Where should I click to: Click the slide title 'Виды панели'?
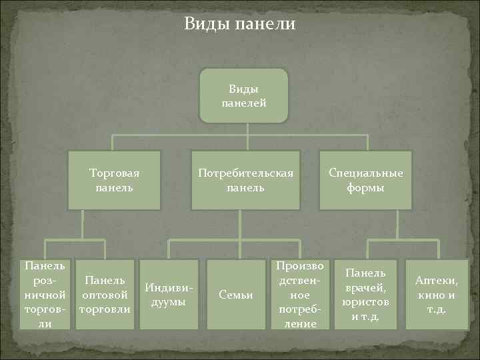click(239, 25)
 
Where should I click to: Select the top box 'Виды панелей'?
click(244, 96)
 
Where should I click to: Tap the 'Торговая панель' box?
click(115, 180)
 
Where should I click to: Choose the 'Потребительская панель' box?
click(245, 180)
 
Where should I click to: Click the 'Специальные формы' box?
click(365, 180)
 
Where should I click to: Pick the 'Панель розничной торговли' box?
click(44, 294)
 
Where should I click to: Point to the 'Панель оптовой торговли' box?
click(105, 294)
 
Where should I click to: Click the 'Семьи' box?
click(235, 294)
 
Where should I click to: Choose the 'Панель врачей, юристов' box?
click(365, 294)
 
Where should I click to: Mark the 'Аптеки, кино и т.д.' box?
click(436, 294)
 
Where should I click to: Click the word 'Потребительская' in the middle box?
click(245, 173)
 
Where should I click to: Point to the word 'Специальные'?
click(365, 173)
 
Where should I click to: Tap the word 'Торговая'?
click(115, 173)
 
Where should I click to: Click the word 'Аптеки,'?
click(436, 281)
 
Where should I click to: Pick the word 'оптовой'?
click(105, 294)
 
